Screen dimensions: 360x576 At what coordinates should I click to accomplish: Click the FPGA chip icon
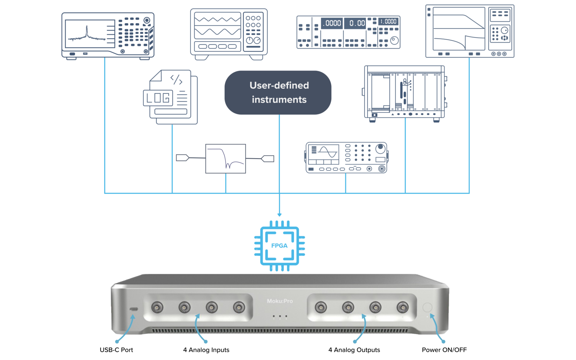coord(279,246)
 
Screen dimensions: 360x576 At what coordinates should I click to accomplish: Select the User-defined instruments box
coord(278,93)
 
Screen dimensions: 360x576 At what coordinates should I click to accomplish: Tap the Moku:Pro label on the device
coord(280,301)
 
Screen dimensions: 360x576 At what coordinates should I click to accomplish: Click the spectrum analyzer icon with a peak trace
coord(108,36)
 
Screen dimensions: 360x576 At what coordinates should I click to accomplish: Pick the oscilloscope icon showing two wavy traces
coord(229,34)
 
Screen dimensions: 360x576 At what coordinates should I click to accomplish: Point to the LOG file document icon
coord(171,97)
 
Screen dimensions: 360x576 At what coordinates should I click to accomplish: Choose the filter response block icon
coord(226,159)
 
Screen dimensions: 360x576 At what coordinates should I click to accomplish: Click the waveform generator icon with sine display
coord(346,157)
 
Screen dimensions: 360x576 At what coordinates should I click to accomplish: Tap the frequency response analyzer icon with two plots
coord(470,31)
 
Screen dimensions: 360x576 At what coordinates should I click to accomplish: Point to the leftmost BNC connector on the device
coord(157,307)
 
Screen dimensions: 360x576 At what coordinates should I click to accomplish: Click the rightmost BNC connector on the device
coord(403,307)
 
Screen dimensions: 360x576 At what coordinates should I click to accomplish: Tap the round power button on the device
coord(427,307)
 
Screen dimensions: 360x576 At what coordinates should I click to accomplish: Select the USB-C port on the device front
coord(133,309)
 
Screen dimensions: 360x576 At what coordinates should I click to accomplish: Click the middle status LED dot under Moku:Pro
coord(280,316)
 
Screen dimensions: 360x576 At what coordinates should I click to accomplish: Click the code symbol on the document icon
coord(176,79)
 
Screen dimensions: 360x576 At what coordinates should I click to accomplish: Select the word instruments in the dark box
coord(279,100)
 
